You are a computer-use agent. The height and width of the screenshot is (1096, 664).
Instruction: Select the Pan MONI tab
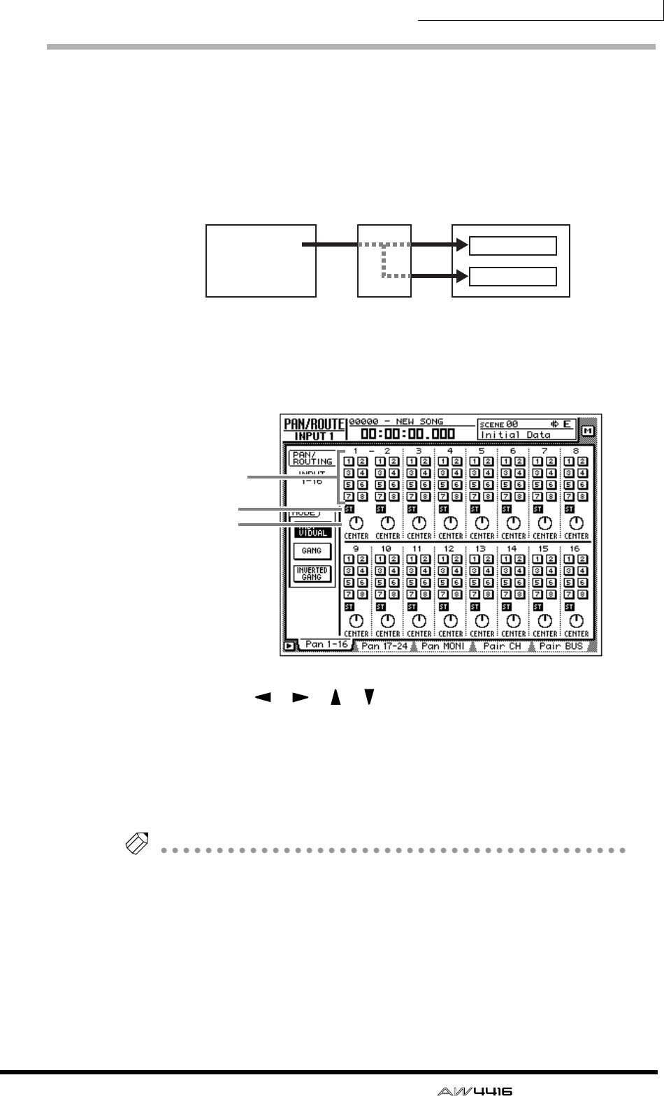click(x=442, y=646)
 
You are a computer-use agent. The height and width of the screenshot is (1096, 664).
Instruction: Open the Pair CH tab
click(x=502, y=646)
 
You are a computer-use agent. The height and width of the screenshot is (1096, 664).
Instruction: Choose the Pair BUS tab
click(x=561, y=646)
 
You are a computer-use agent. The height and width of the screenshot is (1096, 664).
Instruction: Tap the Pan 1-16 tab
click(x=326, y=645)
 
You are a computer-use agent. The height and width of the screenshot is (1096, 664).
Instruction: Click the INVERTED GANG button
click(x=312, y=574)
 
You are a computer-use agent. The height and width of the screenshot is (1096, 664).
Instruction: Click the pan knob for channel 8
click(x=576, y=523)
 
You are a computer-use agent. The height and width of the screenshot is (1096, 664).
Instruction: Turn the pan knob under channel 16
click(x=576, y=620)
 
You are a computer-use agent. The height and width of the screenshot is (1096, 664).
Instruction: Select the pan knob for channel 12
click(x=450, y=620)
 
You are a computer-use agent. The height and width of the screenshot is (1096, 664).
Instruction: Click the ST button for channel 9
click(x=349, y=606)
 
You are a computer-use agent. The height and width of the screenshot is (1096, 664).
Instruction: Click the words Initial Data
click(x=516, y=435)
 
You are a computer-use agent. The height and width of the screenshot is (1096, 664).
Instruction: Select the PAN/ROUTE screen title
click(x=314, y=424)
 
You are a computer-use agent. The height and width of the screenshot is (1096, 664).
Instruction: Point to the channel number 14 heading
click(x=512, y=549)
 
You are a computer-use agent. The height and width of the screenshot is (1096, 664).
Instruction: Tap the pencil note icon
click(x=133, y=847)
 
